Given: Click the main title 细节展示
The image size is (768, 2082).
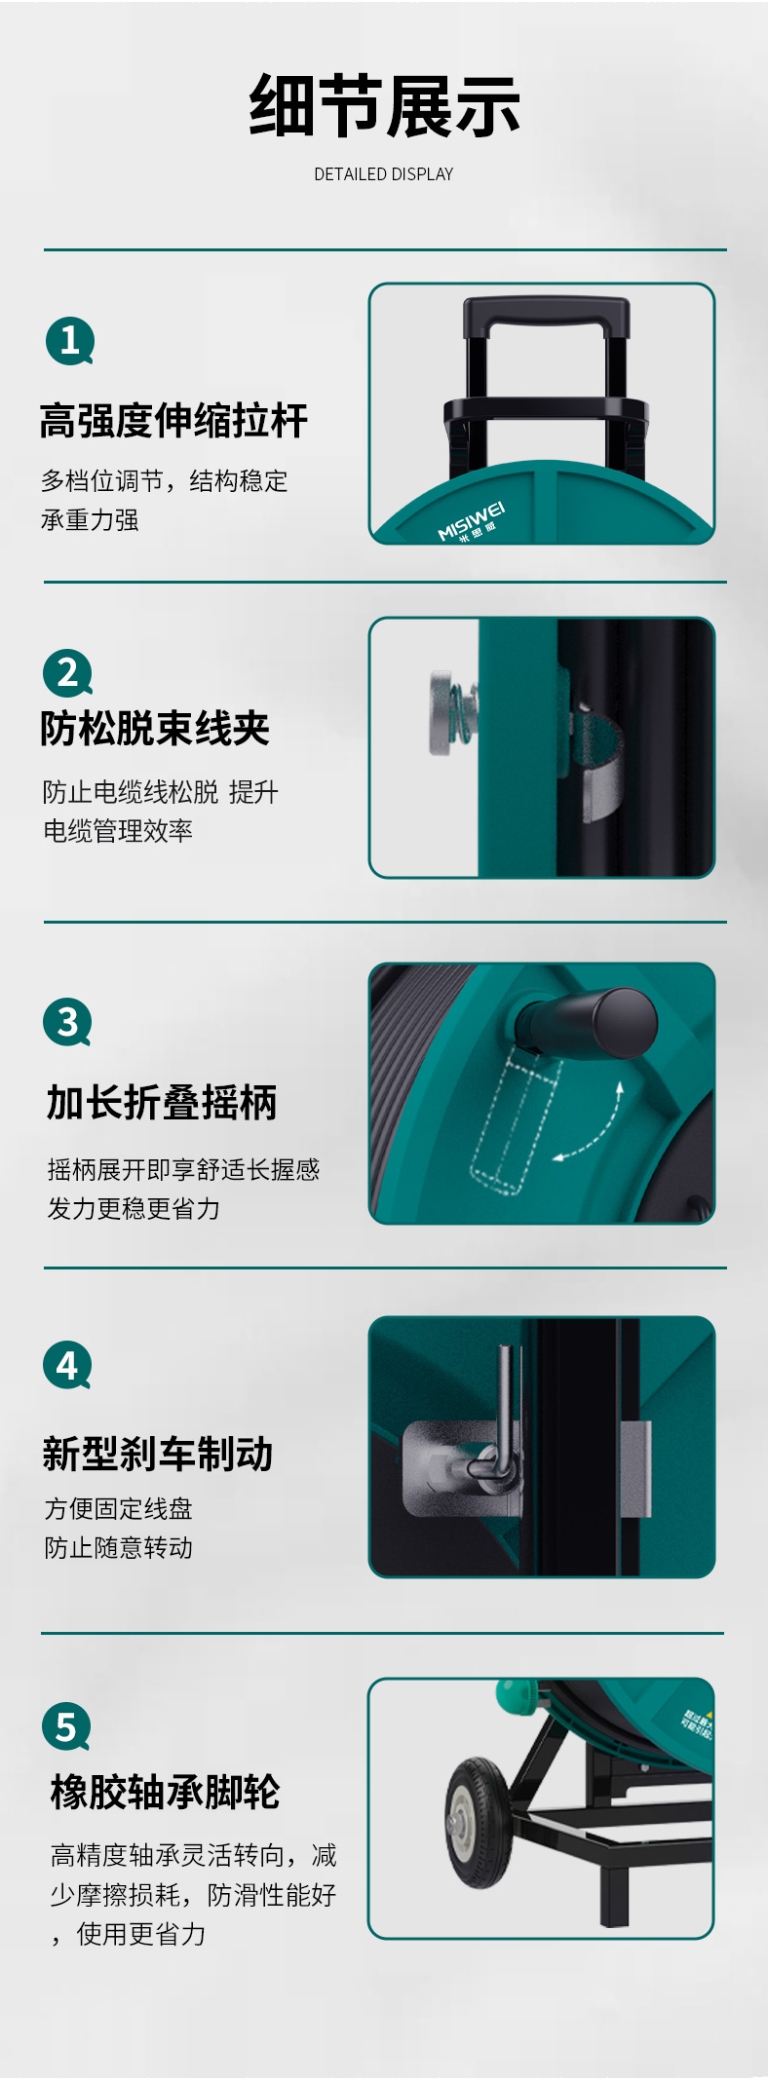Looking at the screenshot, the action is [384, 106].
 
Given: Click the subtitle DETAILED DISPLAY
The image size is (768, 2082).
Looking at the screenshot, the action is [384, 174].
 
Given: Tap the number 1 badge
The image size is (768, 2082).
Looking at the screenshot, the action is [69, 341].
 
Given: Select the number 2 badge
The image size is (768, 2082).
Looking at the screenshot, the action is [67, 673].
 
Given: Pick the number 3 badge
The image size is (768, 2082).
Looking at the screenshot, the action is [67, 1022].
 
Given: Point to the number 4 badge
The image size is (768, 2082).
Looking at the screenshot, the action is [67, 1366].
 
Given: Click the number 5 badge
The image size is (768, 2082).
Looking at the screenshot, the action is [66, 1726].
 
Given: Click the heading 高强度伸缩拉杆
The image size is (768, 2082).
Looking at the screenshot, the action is [174, 421].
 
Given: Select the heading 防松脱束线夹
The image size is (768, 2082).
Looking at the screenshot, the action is [155, 728].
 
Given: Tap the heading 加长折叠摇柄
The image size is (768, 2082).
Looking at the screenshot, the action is [162, 1103].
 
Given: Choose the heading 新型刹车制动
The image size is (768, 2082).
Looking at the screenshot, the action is [158, 1454].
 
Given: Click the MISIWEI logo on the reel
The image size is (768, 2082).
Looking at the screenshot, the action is [472, 522].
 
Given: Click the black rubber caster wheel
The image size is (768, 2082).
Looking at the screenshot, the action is [479, 1822].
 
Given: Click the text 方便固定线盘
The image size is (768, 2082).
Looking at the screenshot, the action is [119, 1509].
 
